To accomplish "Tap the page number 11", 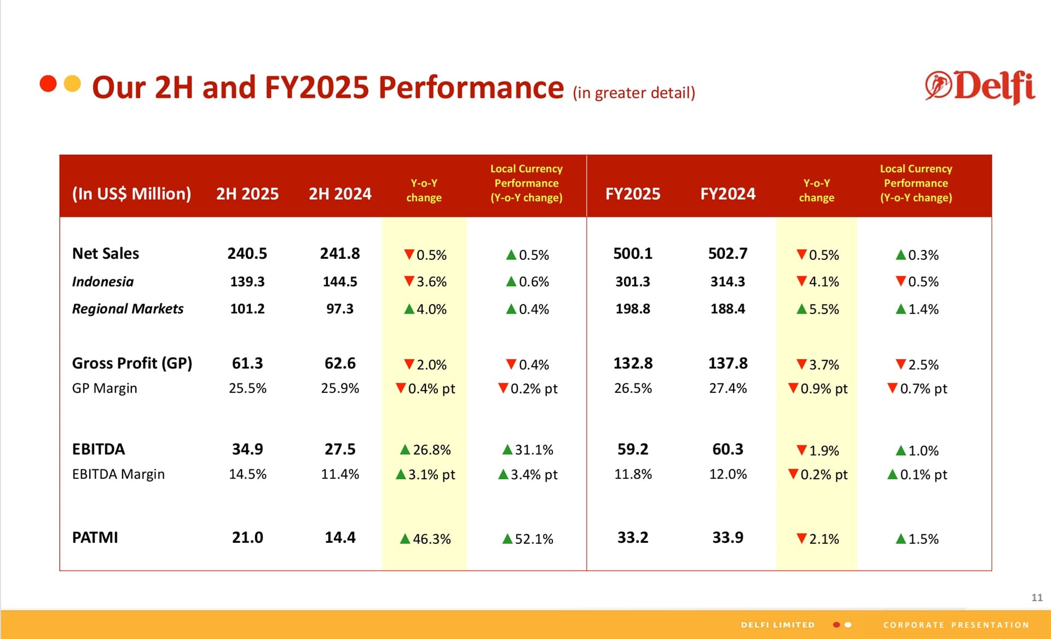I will coord(1037,597).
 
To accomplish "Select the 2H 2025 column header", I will coord(247,194).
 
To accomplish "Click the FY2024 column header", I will coord(727,194).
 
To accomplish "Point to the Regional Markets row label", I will coord(128,309).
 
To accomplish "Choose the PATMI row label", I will coord(95,537).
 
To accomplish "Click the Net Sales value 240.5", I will coord(247,253).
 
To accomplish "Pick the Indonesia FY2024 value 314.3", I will coord(727,282).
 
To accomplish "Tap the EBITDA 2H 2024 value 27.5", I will coord(340,449).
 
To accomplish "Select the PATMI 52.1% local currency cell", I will coord(528,539).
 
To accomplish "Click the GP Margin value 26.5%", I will coord(633,388).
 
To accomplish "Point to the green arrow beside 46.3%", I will coord(405,539).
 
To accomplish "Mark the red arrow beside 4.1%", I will coord(801,281).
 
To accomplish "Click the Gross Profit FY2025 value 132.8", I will coord(633,363).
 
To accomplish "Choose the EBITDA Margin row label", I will coord(118,474).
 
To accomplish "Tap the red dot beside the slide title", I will coord(48,84).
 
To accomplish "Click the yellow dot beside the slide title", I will coord(72,84).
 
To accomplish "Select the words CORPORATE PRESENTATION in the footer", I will coord(956,625).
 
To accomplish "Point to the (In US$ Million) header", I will coord(131,194).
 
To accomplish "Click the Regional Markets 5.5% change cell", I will coord(817,309).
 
